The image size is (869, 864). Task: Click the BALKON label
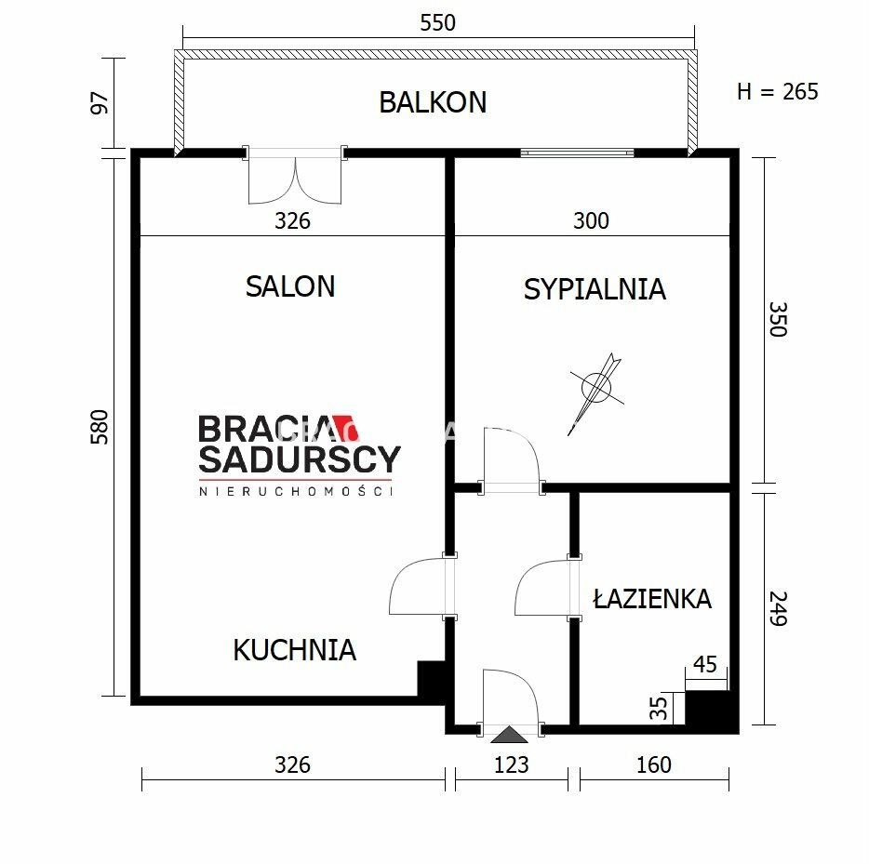point(433,102)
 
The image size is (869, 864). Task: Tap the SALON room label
point(290,286)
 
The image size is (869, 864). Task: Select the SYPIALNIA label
point(595,289)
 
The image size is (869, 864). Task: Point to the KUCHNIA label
point(294,650)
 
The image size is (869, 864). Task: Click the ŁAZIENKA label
point(652,598)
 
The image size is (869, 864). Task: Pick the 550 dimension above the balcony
point(438,22)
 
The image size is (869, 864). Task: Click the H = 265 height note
point(778,91)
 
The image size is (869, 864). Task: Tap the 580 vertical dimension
point(100,427)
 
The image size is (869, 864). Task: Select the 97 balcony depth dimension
point(100,103)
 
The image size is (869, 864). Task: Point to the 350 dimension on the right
point(778,319)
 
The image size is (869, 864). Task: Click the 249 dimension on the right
point(778,608)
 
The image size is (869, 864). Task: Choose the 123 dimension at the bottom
point(511,764)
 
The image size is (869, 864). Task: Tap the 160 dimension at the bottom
point(654,764)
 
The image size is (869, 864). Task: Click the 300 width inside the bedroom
point(591,220)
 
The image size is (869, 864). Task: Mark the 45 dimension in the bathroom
point(705,664)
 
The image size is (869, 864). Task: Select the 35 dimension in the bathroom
point(659,708)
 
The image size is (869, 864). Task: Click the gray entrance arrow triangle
point(509,735)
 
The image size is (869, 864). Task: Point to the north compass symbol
point(596,392)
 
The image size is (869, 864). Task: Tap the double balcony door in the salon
point(295,176)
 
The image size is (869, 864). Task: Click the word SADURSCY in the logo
point(300,459)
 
